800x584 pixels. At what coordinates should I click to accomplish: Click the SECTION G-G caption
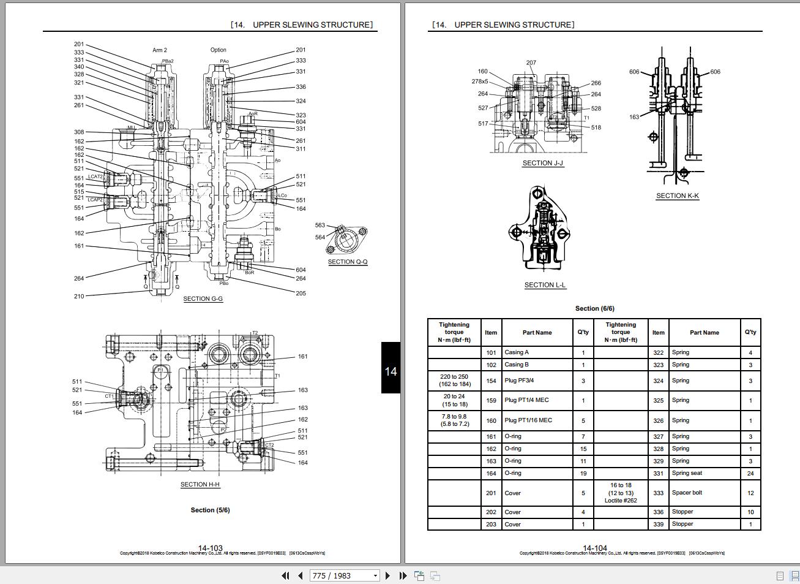click(x=203, y=299)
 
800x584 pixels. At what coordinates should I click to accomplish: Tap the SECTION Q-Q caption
click(x=348, y=262)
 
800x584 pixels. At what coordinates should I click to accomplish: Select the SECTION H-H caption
click(x=200, y=485)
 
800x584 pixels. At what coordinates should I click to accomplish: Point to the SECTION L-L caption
click(x=545, y=285)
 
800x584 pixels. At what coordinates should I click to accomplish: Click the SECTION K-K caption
click(x=678, y=196)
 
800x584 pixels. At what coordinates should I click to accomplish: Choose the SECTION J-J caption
click(x=542, y=164)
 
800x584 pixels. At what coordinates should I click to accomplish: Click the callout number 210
click(x=79, y=297)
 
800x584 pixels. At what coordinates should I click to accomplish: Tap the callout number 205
click(x=301, y=294)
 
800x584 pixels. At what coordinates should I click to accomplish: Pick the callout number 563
click(x=320, y=226)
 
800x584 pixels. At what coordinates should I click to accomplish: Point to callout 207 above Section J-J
click(x=531, y=63)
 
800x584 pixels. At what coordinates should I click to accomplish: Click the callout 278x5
click(x=480, y=82)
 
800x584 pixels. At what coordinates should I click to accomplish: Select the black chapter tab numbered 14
click(x=391, y=371)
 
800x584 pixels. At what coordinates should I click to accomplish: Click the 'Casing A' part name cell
click(x=517, y=352)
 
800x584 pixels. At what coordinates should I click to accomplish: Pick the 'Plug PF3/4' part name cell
click(x=518, y=381)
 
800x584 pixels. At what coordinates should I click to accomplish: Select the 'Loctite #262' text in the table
click(x=621, y=501)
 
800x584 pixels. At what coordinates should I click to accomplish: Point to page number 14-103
click(x=210, y=548)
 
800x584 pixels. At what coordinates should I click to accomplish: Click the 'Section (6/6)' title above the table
click(x=594, y=309)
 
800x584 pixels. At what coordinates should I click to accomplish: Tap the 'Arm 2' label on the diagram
click(x=160, y=50)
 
